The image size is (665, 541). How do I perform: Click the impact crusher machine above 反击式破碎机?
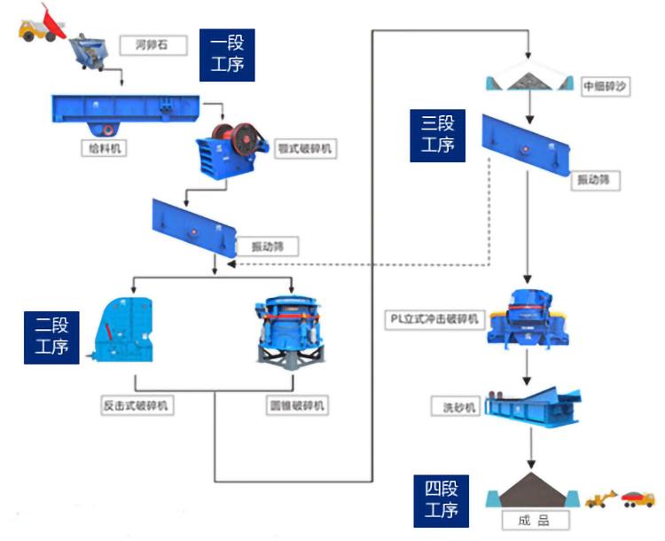(x=124, y=329)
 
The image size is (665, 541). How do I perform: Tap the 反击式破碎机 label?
(x=137, y=405)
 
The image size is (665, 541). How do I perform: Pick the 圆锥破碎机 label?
(x=297, y=405)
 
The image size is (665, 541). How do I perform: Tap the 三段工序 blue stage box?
(x=438, y=135)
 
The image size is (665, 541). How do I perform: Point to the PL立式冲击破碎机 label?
(x=435, y=318)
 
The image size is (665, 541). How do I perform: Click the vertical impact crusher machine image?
(x=528, y=315)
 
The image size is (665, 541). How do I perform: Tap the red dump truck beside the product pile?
(x=637, y=496)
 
